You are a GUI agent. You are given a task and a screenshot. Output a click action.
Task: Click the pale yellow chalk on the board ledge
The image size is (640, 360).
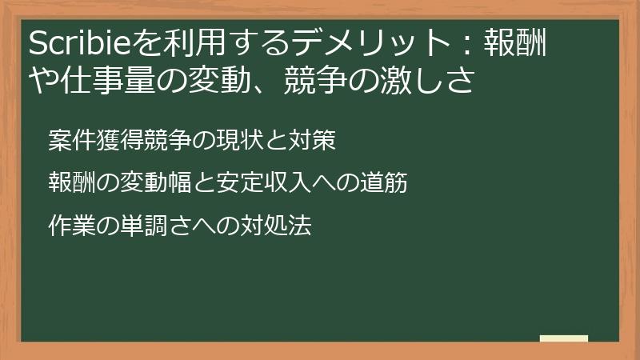coord(563,338)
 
